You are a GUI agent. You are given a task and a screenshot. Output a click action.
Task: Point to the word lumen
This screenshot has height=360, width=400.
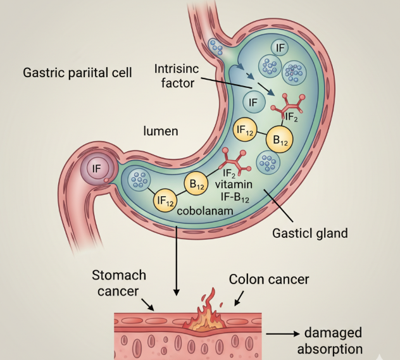point(160,132)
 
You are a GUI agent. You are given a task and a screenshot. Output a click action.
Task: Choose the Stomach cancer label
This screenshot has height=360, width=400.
point(119,283)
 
